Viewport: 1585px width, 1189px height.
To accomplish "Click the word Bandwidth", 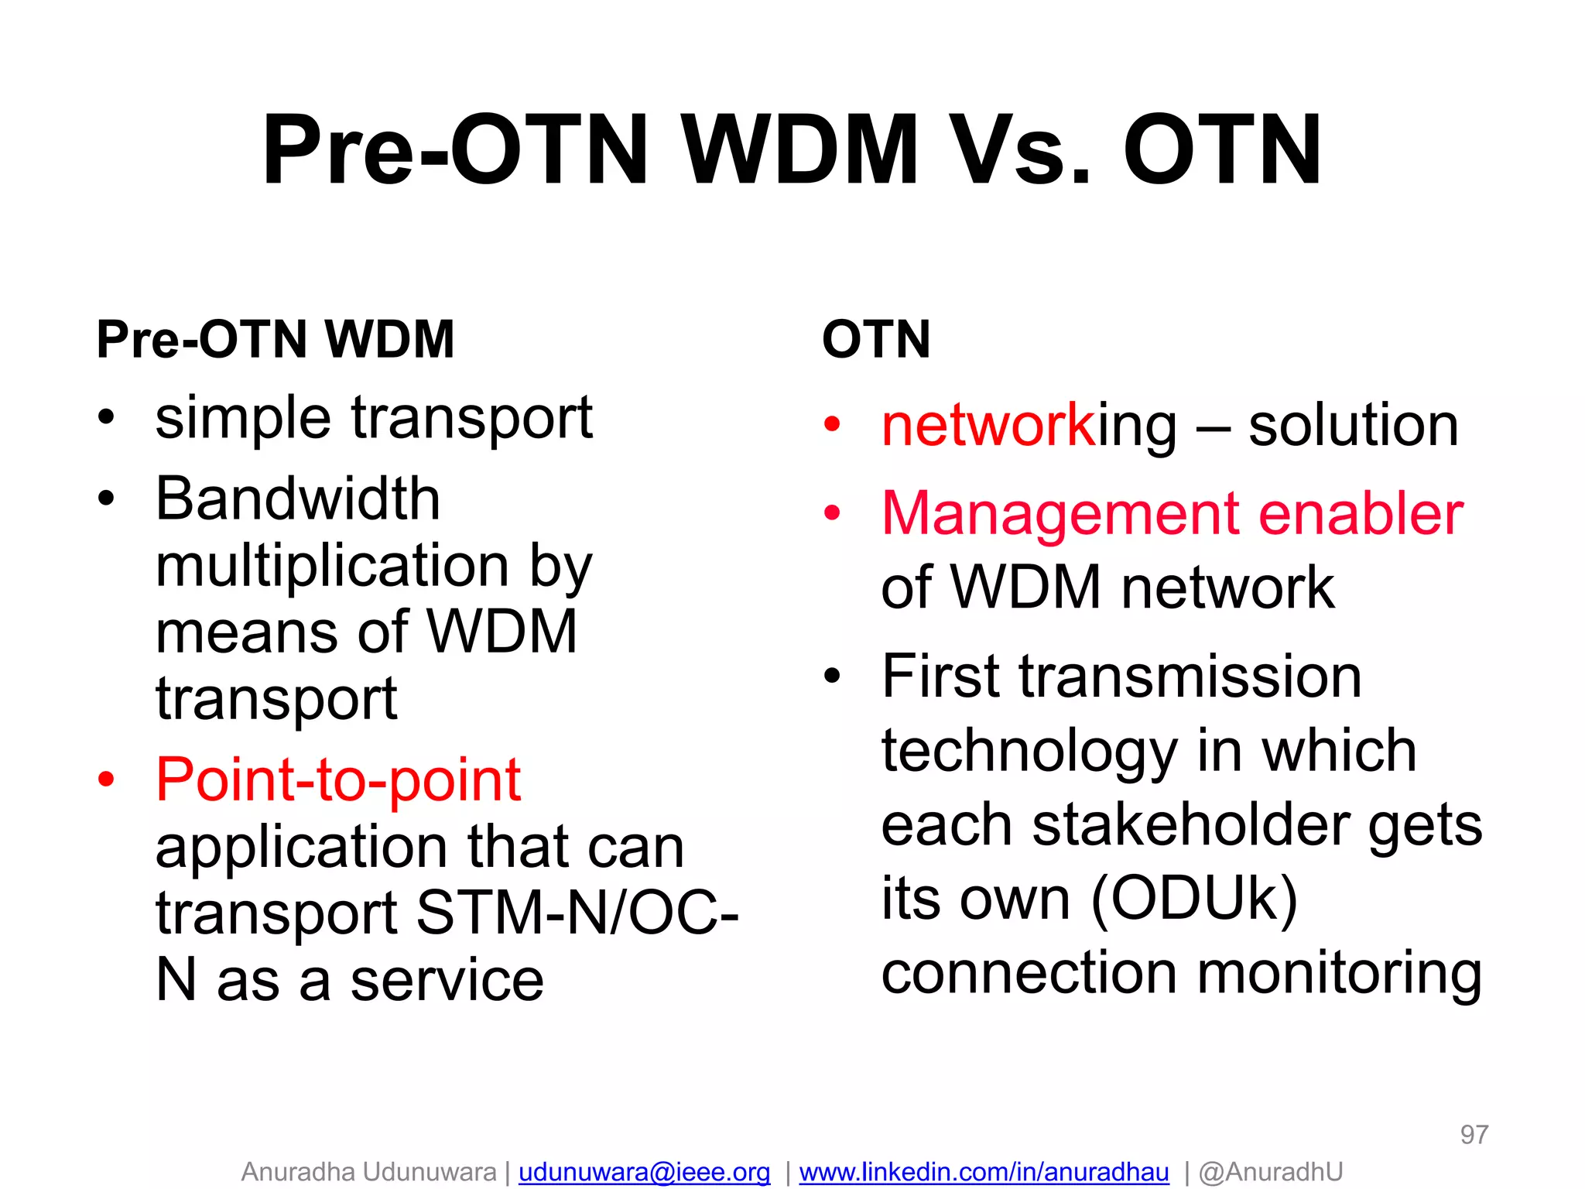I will click(x=298, y=499).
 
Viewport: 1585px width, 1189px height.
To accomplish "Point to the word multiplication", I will click(x=331, y=566).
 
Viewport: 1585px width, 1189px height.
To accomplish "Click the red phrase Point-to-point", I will click(x=338, y=780).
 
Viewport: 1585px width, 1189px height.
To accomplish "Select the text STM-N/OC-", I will click(x=577, y=913).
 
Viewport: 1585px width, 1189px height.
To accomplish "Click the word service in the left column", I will click(x=447, y=980).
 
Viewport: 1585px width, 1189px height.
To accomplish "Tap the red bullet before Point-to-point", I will click(x=106, y=780).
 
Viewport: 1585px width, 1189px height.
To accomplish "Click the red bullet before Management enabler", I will click(x=832, y=512).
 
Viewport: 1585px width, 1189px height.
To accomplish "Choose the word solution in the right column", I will click(x=1353, y=426).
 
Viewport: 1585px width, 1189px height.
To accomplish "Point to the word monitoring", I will click(x=1339, y=974).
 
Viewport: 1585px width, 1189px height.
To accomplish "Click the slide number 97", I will click(x=1474, y=1135).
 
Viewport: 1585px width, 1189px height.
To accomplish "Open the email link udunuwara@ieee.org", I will click(x=644, y=1172).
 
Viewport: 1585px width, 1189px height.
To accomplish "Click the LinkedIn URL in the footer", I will click(x=984, y=1172).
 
